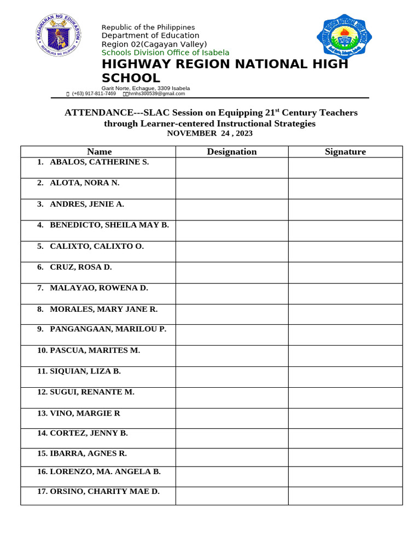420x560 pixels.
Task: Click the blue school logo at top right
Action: tap(344, 37)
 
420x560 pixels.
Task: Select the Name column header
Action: tap(99, 151)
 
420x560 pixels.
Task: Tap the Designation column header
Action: tap(231, 151)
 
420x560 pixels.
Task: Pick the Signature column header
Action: tap(345, 151)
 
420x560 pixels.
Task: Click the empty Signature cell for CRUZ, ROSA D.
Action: tap(345, 272)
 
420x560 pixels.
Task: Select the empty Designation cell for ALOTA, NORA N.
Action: tap(231, 189)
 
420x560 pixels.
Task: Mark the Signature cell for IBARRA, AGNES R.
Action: tap(345, 457)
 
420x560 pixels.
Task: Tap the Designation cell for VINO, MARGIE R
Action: tap(231, 418)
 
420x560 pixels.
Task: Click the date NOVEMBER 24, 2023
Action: tap(209, 133)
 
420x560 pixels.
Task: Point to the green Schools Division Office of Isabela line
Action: tap(165, 52)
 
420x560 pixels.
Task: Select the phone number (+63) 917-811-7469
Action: tap(94, 94)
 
